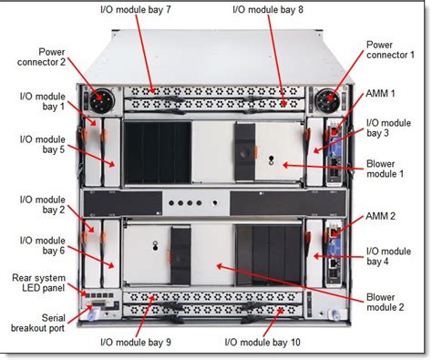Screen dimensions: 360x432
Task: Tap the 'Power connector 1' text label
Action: click(392, 51)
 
